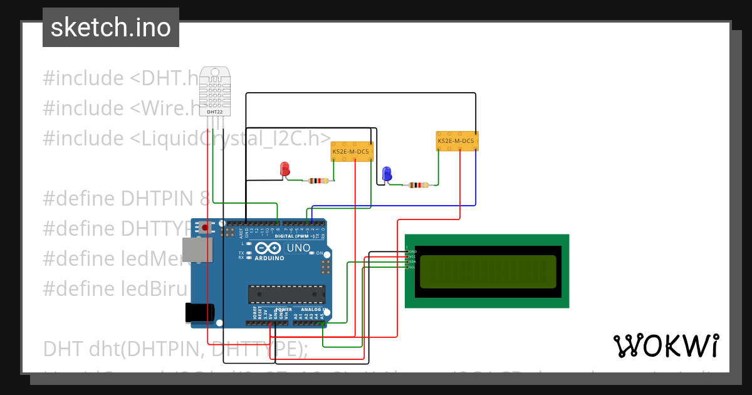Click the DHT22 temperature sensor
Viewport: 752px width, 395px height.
214,92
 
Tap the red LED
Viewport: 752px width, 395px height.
285,169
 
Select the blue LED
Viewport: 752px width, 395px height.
387,173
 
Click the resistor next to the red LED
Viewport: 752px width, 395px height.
318,181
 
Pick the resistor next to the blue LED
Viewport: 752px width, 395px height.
418,185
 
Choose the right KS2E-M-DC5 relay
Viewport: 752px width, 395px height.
457,141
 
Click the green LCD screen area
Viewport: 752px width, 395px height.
487,271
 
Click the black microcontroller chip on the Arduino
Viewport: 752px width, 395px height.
287,294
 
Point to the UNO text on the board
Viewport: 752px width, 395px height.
298,248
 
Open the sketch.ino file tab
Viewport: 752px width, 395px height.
111,28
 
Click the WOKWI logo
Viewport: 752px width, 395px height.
666,345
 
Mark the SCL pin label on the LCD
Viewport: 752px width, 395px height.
412,267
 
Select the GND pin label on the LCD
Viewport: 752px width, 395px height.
412,251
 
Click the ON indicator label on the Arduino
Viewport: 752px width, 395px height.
319,253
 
